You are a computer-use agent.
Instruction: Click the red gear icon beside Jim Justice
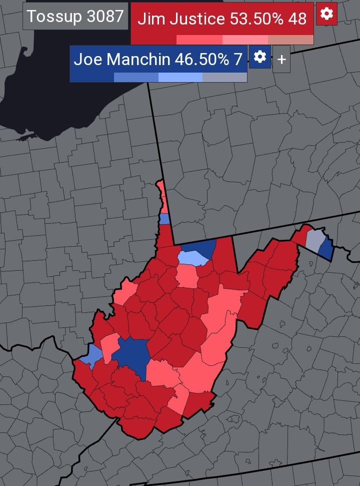pyautogui.click(x=326, y=14)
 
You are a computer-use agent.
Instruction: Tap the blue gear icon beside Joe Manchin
pyautogui.click(x=259, y=57)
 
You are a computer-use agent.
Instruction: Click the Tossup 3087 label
pyautogui.click(x=75, y=16)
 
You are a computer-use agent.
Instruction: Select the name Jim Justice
pyautogui.click(x=181, y=19)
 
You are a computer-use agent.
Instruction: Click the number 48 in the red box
pyautogui.click(x=297, y=19)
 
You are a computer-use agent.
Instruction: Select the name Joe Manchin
pyautogui.click(x=122, y=59)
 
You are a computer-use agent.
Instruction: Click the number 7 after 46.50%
pyautogui.click(x=237, y=59)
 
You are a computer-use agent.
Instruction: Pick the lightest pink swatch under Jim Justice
pyautogui.click(x=290, y=40)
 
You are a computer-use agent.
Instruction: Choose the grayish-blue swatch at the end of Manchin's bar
pyautogui.click(x=224, y=77)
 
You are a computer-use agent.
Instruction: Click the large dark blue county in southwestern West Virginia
pyautogui.click(x=131, y=356)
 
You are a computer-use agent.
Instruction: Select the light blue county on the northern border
pyautogui.click(x=193, y=258)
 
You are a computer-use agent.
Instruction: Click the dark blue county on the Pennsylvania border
pyautogui.click(x=206, y=248)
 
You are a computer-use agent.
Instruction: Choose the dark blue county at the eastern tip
pyautogui.click(x=326, y=248)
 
